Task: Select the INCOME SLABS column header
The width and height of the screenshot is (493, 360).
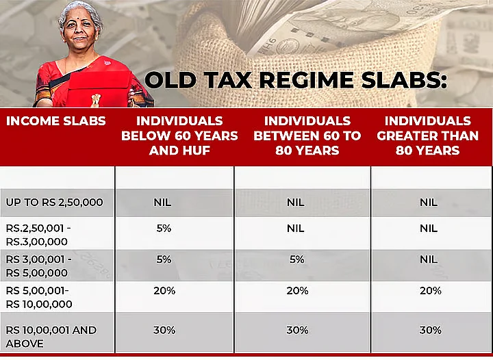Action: tap(56, 121)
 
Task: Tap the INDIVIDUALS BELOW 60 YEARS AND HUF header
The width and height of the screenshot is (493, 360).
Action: tap(179, 136)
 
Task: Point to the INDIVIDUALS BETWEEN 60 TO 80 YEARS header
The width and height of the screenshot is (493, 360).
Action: tap(307, 136)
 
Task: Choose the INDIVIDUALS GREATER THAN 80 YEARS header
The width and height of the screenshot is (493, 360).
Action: tap(427, 136)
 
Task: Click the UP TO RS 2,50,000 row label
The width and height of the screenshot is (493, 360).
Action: tap(54, 203)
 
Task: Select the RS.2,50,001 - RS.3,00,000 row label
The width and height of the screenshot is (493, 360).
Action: tap(38, 235)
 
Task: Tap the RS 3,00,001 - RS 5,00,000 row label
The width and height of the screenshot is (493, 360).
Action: tap(38, 266)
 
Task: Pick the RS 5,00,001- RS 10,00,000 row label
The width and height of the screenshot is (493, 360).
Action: tap(39, 298)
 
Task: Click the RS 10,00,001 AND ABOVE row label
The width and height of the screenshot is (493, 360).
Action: tap(51, 337)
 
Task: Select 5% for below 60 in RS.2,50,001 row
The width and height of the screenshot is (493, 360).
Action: tap(164, 229)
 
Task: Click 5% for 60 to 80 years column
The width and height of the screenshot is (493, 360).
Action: tap(296, 259)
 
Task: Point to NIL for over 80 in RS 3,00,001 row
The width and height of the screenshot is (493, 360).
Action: tap(429, 259)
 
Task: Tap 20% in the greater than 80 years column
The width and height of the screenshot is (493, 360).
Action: tap(431, 291)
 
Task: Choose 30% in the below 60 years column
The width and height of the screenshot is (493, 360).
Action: tap(164, 330)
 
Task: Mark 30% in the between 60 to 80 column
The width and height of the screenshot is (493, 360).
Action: tap(297, 330)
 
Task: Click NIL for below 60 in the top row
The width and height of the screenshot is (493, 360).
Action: tap(162, 203)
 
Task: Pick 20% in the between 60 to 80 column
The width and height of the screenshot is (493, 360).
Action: tap(297, 291)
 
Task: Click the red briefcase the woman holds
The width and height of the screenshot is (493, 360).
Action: tap(100, 90)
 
